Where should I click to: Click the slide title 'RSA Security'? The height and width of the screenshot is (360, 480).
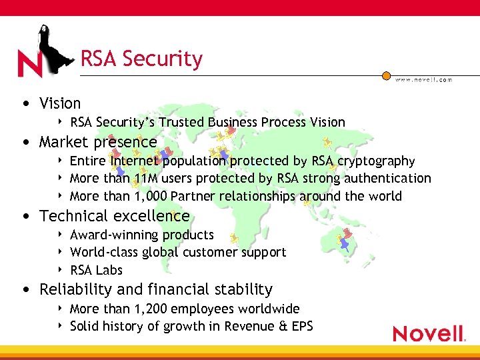[x=141, y=59]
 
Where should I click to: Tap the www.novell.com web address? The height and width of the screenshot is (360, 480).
[x=423, y=79]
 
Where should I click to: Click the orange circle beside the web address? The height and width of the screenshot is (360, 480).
[x=386, y=76]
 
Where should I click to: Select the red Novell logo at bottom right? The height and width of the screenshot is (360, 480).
[x=429, y=333]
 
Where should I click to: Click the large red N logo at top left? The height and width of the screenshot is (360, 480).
[x=31, y=65]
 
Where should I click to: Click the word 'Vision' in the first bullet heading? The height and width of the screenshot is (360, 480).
[x=60, y=103]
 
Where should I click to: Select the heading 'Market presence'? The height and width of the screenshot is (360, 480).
[x=98, y=142]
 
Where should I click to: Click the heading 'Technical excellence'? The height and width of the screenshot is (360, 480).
[x=114, y=216]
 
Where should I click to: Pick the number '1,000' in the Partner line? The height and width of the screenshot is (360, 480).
[x=149, y=196]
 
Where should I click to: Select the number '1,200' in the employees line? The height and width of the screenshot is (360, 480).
[x=149, y=309]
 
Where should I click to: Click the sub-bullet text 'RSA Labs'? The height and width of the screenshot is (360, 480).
[x=96, y=270]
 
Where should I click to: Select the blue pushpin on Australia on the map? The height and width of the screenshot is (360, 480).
[x=344, y=244]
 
